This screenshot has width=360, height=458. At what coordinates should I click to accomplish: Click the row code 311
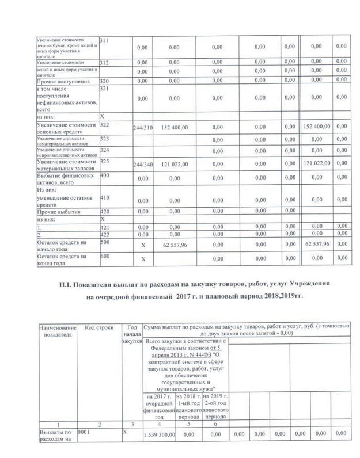click(x=105, y=41)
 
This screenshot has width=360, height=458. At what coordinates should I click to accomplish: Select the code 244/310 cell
click(x=142, y=127)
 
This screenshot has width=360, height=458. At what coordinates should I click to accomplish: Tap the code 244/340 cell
click(x=142, y=165)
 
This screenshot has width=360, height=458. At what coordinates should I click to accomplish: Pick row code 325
click(x=105, y=161)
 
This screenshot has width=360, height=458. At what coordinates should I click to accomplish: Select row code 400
click(x=105, y=175)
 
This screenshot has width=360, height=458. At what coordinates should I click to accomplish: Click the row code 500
click(x=105, y=242)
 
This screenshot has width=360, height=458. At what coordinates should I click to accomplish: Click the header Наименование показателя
click(x=56, y=331)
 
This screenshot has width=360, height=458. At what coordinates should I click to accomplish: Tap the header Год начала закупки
click(x=132, y=334)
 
